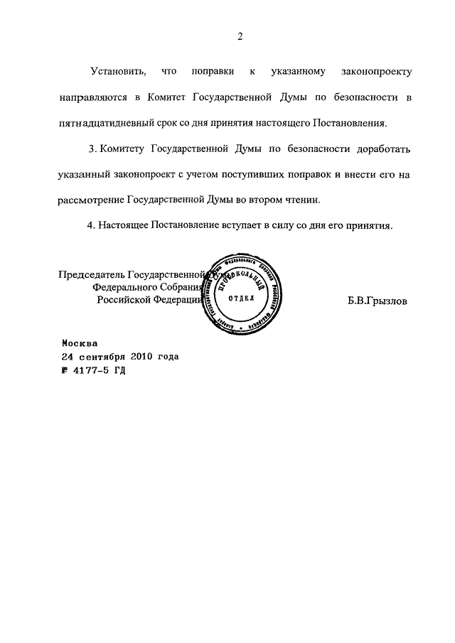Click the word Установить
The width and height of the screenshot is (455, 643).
click(119, 72)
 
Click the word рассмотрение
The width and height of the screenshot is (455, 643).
click(92, 200)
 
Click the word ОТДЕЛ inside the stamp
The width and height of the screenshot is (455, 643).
click(240, 299)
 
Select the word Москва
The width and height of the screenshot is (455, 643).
click(85, 342)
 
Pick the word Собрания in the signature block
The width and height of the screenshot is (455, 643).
click(178, 287)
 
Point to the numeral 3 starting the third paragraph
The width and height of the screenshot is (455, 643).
click(92, 149)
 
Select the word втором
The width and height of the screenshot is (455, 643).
click(268, 200)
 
